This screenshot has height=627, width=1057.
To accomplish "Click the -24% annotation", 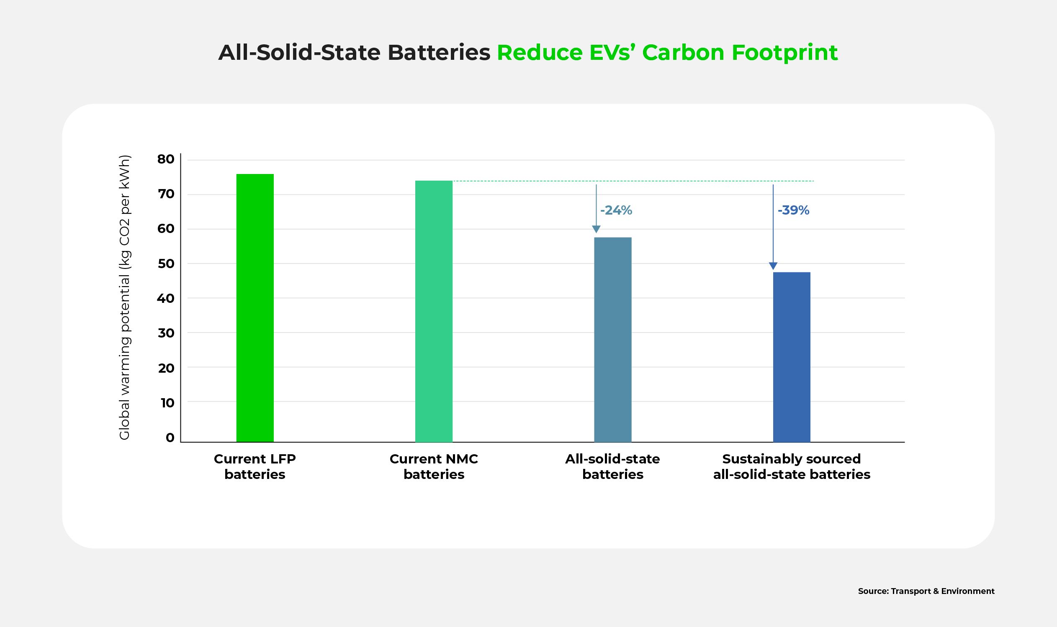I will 616,210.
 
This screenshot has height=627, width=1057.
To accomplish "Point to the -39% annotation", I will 793,210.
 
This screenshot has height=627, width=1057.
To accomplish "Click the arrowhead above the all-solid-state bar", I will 596,229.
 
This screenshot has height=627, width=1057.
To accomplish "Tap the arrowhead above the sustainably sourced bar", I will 773,266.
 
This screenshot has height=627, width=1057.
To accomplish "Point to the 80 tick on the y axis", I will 166,159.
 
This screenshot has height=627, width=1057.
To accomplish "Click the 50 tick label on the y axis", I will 166,264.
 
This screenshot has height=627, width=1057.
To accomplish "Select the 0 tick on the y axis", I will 170,438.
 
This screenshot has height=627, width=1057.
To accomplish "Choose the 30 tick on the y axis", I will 166,333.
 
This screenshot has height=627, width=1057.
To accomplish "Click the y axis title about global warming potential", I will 125,298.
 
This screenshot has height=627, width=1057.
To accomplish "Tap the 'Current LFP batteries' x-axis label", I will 255,466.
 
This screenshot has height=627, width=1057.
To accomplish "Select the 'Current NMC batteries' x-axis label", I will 433,466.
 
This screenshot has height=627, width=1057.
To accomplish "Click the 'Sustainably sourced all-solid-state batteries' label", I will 792,466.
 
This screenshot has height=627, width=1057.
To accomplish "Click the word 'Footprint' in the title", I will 784,53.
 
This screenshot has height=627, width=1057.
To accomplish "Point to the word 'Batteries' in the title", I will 438,53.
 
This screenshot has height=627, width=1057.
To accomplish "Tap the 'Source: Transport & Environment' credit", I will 926,591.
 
